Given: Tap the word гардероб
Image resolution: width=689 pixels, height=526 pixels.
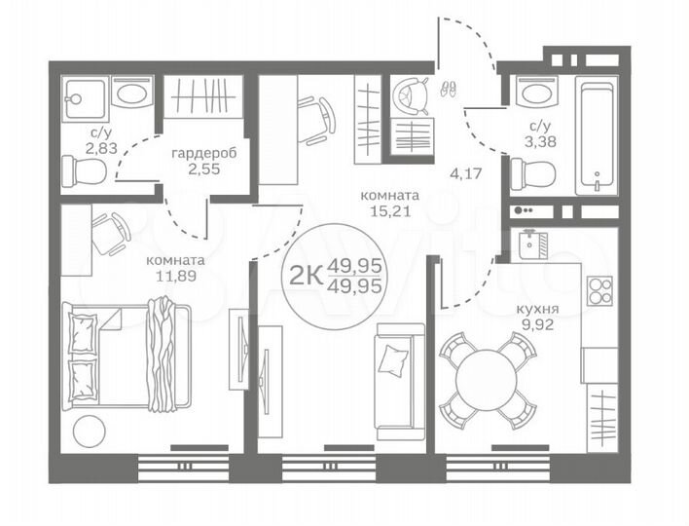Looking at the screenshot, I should (204, 154).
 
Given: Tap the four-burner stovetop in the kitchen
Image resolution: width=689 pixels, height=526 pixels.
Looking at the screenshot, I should (599, 290).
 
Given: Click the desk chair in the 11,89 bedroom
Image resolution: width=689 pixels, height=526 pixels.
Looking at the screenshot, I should (111, 231).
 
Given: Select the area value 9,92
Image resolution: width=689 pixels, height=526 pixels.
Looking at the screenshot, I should (532, 328).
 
